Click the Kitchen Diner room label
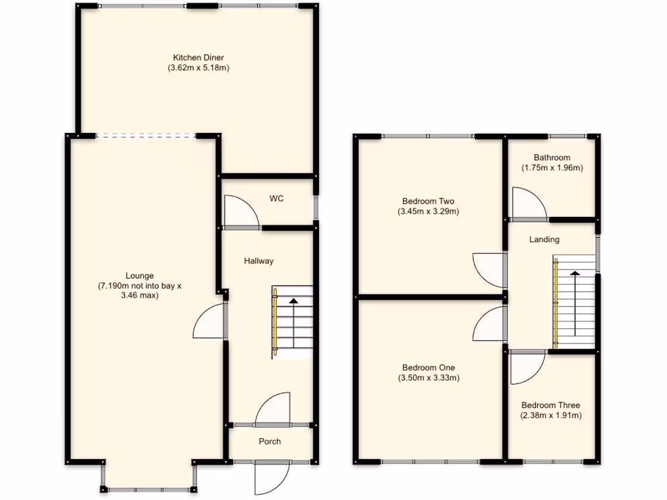(198, 57)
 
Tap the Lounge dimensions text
(139, 290)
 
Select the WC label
(277, 199)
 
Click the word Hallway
(259, 261)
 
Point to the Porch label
(270, 441)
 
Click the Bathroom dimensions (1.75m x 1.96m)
(552, 167)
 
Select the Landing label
(544, 240)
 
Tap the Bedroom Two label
(428, 201)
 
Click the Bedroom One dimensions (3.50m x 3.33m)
(429, 378)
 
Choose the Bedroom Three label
(550, 405)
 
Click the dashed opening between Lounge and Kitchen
(145, 136)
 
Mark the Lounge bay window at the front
(148, 488)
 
